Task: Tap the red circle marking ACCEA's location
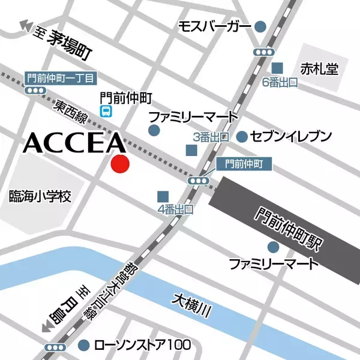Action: [x=121, y=164]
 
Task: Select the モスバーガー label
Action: [x=215, y=26]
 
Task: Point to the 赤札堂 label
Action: [x=320, y=69]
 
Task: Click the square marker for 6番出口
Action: [x=277, y=68]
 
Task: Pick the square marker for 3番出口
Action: [x=191, y=150]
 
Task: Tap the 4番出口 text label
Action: [x=175, y=209]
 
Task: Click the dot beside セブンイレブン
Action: [x=242, y=137]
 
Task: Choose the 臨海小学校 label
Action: [x=40, y=196]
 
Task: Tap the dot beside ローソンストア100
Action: [x=84, y=345]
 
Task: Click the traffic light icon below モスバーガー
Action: [x=262, y=52]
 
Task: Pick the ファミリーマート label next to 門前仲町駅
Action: [x=273, y=263]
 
